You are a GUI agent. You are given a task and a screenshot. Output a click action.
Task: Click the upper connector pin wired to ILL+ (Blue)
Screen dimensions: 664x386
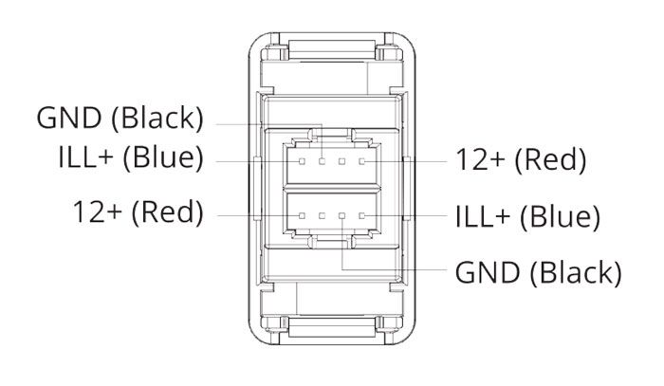302,161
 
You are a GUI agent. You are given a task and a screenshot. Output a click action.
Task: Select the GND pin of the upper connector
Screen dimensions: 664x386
323,161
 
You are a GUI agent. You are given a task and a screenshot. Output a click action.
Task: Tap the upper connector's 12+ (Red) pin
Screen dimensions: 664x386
362,161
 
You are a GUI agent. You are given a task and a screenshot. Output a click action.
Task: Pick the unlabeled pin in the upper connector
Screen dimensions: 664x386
342,161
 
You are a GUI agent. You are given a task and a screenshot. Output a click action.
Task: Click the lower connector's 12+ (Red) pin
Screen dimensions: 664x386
302,216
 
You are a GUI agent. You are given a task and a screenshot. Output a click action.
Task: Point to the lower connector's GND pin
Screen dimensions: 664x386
342,216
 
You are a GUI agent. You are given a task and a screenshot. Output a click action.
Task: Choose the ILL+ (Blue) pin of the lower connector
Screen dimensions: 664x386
362,216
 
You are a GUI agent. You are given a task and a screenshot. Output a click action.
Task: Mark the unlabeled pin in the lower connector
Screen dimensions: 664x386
323,216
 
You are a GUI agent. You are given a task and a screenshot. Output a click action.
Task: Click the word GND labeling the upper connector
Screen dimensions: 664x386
69,118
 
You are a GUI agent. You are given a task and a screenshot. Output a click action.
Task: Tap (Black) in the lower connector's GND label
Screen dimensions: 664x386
576,272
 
